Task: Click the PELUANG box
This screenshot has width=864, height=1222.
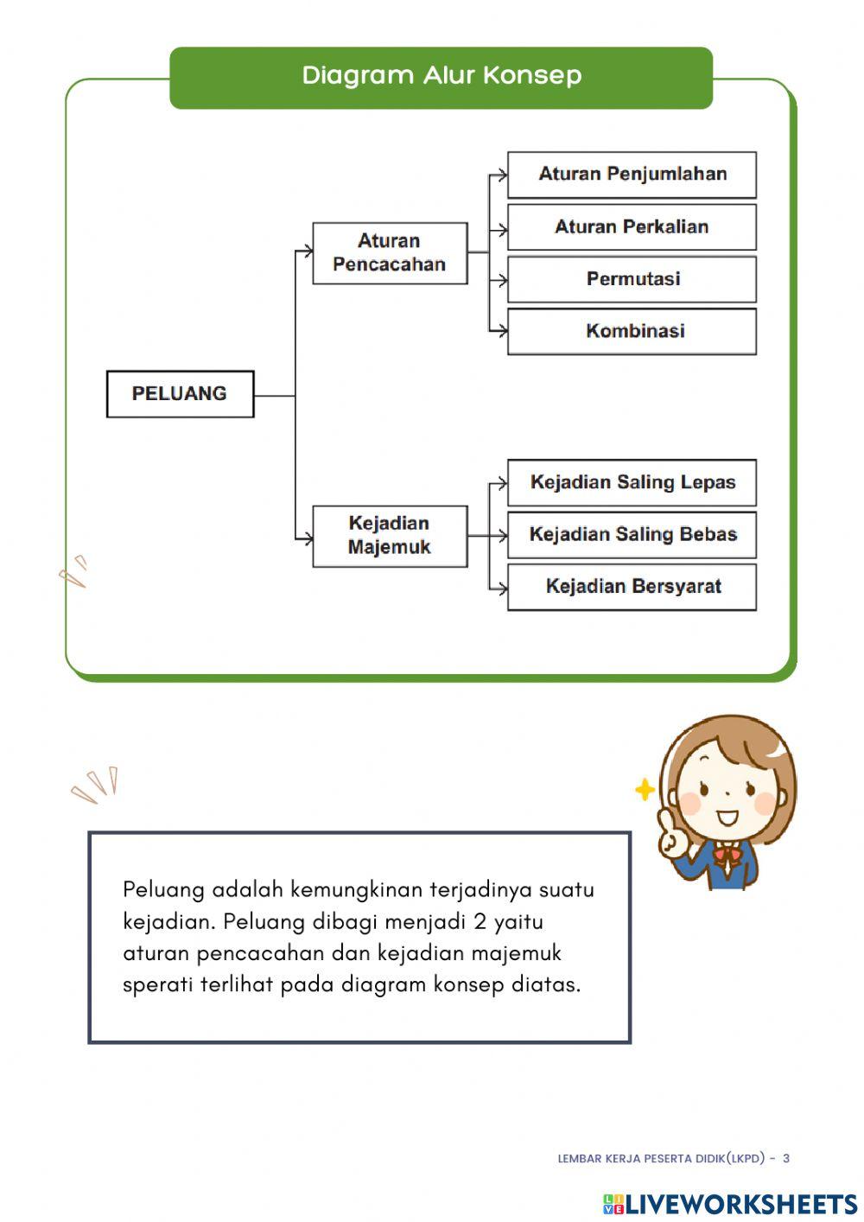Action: (180, 394)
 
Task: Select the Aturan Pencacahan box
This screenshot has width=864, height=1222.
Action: (390, 253)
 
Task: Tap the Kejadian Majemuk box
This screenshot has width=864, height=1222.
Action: (390, 536)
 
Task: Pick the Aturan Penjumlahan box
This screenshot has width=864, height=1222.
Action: (632, 175)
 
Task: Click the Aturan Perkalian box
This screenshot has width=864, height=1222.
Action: (632, 227)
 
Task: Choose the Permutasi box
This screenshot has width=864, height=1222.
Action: (632, 279)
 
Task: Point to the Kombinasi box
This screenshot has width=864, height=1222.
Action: (632, 331)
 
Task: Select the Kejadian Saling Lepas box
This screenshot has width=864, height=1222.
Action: (632, 482)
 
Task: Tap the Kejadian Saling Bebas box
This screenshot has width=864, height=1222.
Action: (632, 535)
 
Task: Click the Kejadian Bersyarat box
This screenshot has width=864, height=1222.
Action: (632, 587)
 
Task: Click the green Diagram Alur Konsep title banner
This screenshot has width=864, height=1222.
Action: (441, 77)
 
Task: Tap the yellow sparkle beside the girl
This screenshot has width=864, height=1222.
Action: (645, 790)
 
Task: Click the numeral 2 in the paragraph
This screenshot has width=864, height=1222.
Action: (480, 922)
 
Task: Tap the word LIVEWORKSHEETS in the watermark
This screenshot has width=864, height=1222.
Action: (741, 1204)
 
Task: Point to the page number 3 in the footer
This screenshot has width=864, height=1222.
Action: (786, 1158)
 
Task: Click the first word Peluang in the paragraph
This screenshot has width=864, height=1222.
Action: (163, 890)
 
